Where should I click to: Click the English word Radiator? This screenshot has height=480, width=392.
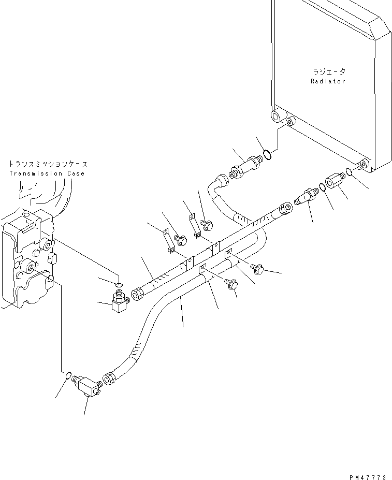pos(328,81)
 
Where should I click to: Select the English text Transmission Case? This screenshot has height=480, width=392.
pos(47,173)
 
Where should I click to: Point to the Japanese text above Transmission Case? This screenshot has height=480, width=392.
pos(47,164)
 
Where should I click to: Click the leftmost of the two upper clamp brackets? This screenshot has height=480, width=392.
pos(168,241)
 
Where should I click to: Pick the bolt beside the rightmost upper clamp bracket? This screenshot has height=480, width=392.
pos(207,225)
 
